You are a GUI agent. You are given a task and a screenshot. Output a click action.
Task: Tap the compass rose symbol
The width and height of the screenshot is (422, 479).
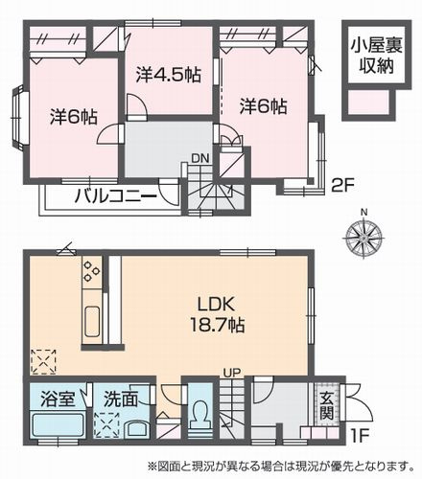pyautogui.click(x=363, y=236)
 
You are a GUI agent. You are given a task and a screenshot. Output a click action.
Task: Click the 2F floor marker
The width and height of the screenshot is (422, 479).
pyautogui.click(x=343, y=183)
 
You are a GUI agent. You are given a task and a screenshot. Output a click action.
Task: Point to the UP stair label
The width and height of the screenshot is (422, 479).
pyautogui.click(x=230, y=374)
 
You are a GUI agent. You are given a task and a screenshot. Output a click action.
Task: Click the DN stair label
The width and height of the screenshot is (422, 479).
pyautogui.click(x=199, y=159)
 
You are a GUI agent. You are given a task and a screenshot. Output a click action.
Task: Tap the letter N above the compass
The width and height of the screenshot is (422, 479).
pyautogui.click(x=363, y=213)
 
